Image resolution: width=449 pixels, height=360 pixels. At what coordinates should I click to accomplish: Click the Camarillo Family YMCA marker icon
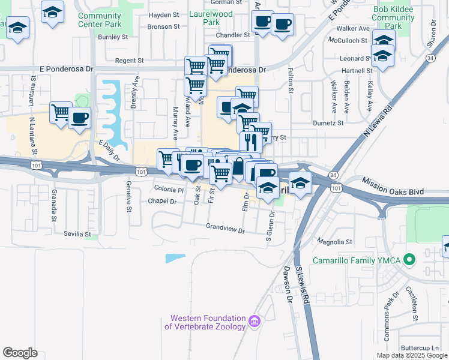pos(409,260)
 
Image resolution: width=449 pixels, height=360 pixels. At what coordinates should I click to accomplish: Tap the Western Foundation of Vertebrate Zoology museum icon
pos(254,322)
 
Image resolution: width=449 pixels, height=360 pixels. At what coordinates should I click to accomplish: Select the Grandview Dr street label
pos(225,230)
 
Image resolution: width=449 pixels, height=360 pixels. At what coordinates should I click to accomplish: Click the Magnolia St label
pos(334,242)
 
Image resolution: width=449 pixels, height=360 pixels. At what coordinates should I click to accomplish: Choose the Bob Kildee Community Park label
pos(393,18)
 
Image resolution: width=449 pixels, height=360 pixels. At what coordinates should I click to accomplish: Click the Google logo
pos(20,352)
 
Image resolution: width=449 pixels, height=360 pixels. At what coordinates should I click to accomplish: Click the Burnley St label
pos(113,37)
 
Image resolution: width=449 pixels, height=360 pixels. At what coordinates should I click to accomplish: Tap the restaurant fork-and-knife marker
pos(251,142)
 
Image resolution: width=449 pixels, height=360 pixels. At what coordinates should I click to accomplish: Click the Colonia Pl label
pos(169,190)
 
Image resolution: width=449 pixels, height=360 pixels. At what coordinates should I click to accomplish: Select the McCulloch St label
pos(348,40)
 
